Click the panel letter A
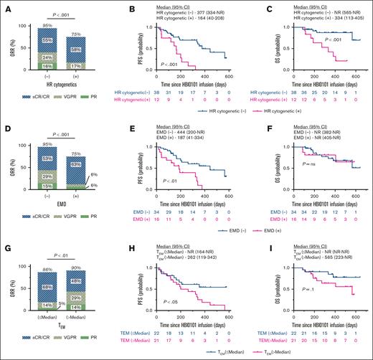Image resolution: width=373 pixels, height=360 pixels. [x=5, y=6]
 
